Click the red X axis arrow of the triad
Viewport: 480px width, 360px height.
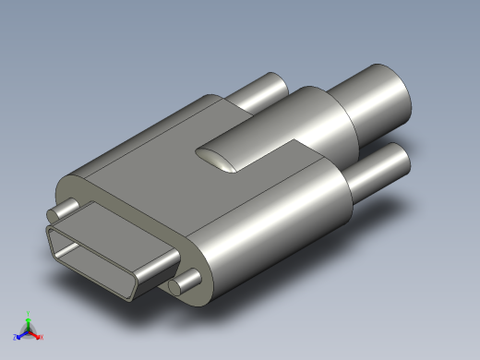click(36, 333)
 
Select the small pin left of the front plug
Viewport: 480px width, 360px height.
click(67, 206)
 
